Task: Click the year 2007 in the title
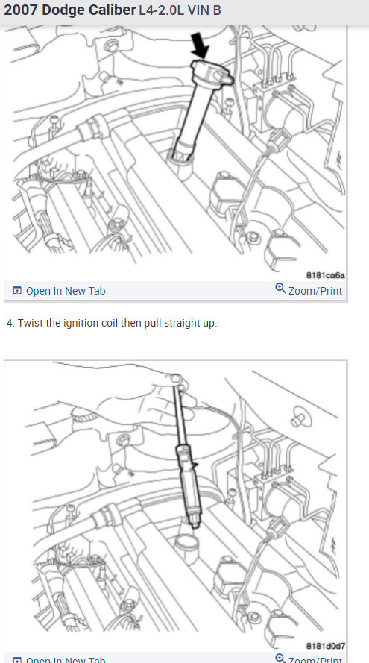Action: click(x=21, y=11)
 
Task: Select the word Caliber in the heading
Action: click(x=110, y=11)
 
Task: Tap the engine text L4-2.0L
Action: click(x=163, y=12)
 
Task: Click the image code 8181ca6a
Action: click(x=325, y=274)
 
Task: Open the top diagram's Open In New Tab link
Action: click(x=66, y=291)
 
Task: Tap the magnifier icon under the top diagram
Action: click(x=280, y=289)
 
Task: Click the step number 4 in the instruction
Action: click(x=9, y=323)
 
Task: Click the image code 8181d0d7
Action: click(x=325, y=646)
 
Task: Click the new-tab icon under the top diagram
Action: click(x=17, y=291)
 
